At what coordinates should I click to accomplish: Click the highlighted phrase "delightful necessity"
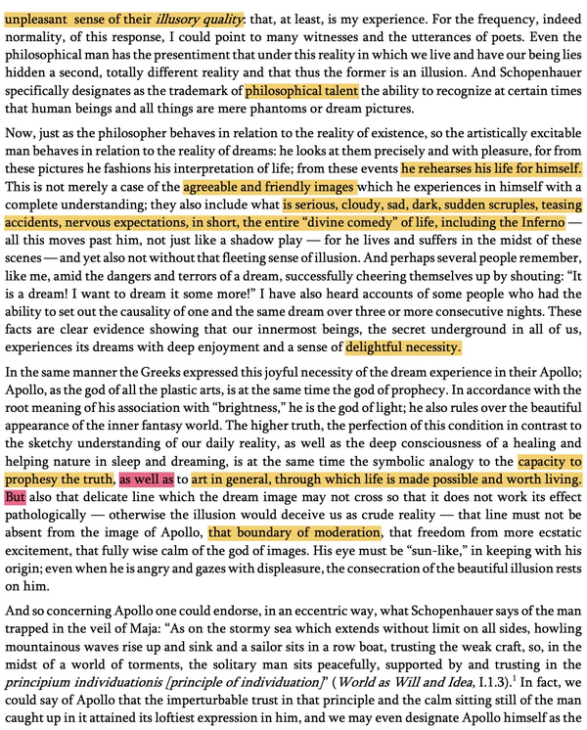coord(403,346)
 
